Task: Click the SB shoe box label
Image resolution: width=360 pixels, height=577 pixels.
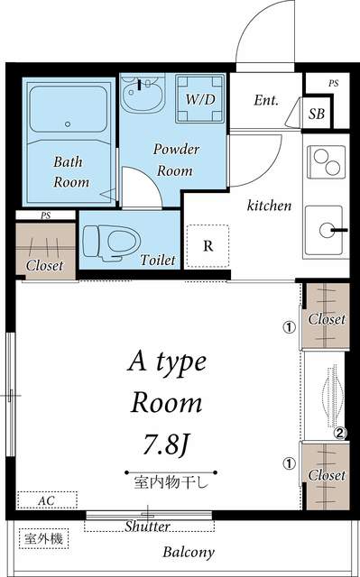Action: pyautogui.click(x=317, y=114)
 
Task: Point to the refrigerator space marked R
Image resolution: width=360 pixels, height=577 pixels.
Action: pyautogui.click(x=208, y=245)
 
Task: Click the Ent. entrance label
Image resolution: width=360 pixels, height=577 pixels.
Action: pyautogui.click(x=265, y=101)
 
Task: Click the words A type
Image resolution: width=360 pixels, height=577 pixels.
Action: pyautogui.click(x=166, y=364)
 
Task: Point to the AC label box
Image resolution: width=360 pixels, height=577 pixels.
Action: pyautogui.click(x=45, y=499)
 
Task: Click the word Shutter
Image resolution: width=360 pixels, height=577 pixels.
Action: pyautogui.click(x=148, y=526)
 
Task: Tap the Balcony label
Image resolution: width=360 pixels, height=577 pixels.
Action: pyautogui.click(x=189, y=553)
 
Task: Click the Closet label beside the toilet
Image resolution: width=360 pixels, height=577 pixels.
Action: pyautogui.click(x=44, y=266)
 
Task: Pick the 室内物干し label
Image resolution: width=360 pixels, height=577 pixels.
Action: pyautogui.click(x=171, y=481)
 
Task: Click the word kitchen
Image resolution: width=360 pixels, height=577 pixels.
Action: pyautogui.click(x=269, y=206)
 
